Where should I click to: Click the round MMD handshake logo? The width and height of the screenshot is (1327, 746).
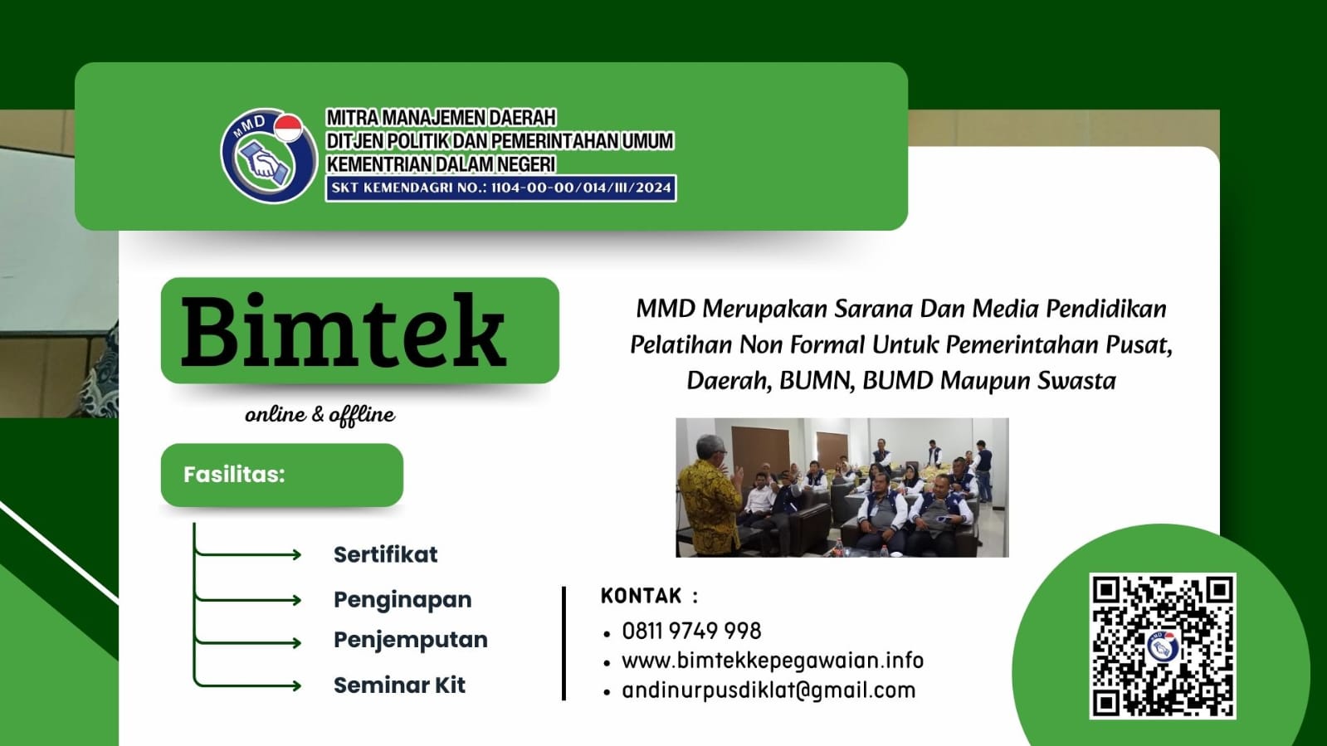[267, 156]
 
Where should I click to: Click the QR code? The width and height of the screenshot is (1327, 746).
[1162, 646]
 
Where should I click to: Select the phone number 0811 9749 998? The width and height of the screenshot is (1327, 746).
[691, 631]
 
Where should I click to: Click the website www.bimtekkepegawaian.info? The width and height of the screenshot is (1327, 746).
[772, 661]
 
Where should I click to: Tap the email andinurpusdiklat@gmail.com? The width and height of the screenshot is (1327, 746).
[768, 690]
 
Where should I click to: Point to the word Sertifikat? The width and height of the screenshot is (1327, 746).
[385, 554]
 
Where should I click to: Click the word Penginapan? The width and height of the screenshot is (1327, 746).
[402, 599]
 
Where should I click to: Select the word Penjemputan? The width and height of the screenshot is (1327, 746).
[410, 640]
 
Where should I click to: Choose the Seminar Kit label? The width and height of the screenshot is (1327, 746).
[399, 685]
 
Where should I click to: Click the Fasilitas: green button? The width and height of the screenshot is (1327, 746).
[281, 475]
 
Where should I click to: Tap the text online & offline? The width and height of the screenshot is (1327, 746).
[320, 414]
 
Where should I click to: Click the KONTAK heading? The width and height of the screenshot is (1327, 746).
[642, 596]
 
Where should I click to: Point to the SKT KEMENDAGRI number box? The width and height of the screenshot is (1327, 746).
[500, 188]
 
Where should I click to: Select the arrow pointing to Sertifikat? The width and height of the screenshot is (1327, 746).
[249, 554]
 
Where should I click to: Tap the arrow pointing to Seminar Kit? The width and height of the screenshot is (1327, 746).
[249, 685]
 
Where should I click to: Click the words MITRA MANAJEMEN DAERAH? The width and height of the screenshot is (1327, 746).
[441, 118]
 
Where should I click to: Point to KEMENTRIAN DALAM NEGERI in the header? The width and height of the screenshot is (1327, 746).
[441, 164]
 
